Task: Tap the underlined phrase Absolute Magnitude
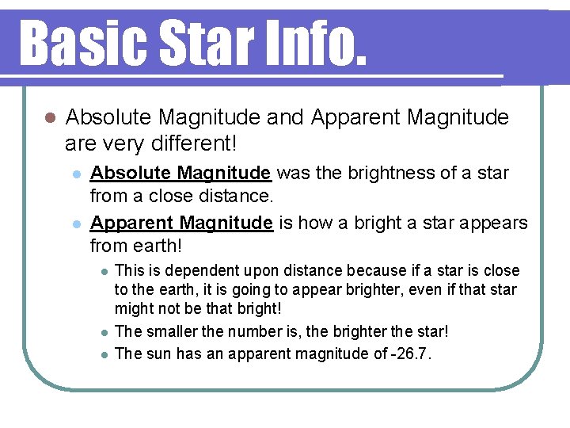tap(181, 173)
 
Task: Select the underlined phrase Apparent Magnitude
tap(182, 224)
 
